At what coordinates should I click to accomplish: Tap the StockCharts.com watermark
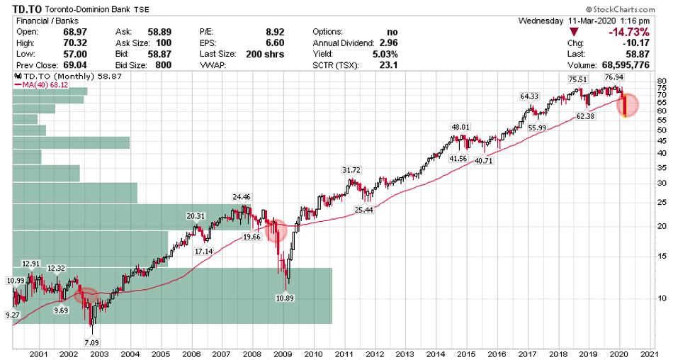[x=650, y=10]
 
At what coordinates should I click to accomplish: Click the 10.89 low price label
[x=285, y=298]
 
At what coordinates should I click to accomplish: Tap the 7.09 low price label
[x=92, y=342]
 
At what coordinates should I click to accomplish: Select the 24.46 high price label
[x=242, y=197]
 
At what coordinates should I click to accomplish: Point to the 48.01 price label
[x=461, y=128]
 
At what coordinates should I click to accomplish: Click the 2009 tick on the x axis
[x=282, y=354]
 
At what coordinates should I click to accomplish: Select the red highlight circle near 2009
[x=276, y=230]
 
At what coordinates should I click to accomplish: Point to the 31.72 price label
[x=351, y=171]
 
